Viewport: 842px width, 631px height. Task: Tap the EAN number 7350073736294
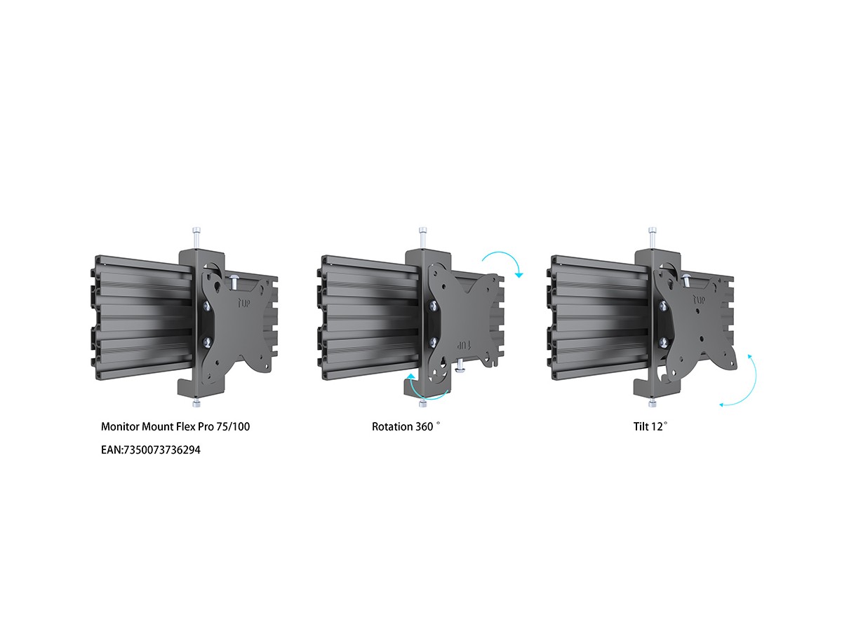click(x=161, y=450)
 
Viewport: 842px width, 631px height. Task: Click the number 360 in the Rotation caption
click(x=425, y=427)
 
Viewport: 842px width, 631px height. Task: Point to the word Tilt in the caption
click(x=641, y=427)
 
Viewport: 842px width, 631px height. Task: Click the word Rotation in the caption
click(x=392, y=427)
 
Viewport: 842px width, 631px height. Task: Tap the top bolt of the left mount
click(x=196, y=238)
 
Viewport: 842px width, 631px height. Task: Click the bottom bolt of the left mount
click(x=196, y=403)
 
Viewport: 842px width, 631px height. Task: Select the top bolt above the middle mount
click(x=422, y=238)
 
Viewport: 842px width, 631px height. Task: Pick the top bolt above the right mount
click(x=651, y=238)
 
